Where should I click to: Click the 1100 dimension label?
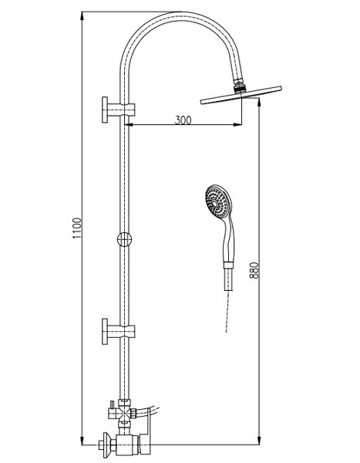tap(77, 228)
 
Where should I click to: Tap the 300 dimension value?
tap(183, 120)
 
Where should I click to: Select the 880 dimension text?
tap(254, 271)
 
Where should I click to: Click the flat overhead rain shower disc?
tap(241, 95)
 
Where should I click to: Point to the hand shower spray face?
tap(217, 201)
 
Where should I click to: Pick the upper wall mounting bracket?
tap(118, 110)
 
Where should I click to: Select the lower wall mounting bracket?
tap(118, 331)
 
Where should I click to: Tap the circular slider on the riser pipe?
tap(124, 239)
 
